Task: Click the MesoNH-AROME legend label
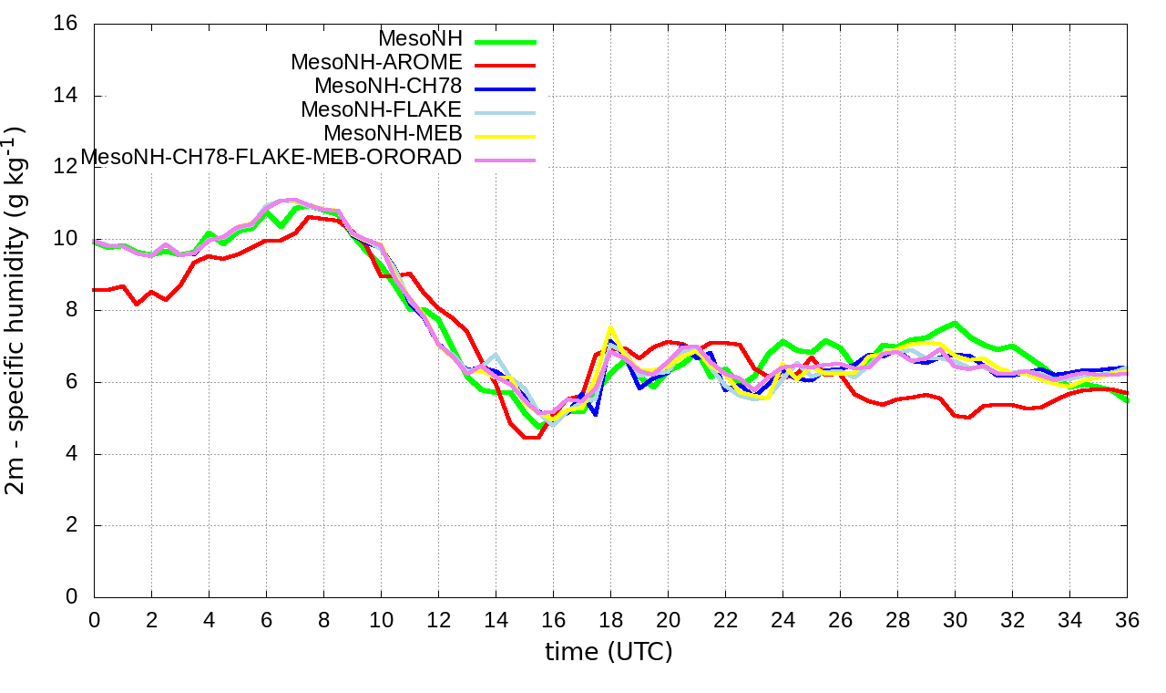(376, 63)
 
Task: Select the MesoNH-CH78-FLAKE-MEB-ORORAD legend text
(271, 157)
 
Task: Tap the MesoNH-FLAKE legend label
(382, 109)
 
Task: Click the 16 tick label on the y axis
(66, 24)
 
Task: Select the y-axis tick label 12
(66, 167)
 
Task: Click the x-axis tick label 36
(1127, 620)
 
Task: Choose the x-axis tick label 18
(610, 620)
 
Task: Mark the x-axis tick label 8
(323, 620)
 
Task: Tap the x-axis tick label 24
(782, 620)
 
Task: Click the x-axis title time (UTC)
(609, 653)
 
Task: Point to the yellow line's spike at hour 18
(610, 327)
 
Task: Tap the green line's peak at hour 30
(955, 323)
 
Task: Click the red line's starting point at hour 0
(95, 290)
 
